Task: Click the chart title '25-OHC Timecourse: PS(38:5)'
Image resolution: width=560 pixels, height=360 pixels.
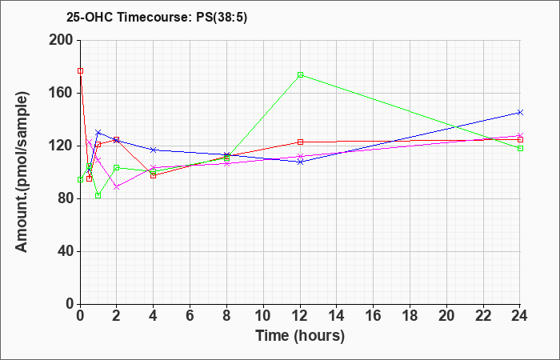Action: point(157,18)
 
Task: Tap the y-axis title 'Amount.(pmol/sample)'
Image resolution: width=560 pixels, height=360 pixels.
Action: point(22,172)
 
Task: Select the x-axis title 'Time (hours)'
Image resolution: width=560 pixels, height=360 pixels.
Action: point(300,336)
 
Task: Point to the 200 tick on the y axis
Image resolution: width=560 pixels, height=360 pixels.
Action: point(64,40)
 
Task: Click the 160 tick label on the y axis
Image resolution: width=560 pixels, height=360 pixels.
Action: point(64,94)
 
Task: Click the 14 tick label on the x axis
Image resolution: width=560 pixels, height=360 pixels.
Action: point(337,316)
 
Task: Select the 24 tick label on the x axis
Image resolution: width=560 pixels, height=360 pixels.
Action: point(520,316)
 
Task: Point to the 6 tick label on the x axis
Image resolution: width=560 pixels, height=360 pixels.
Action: point(190,316)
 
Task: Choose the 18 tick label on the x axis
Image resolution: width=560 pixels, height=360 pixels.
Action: point(410,316)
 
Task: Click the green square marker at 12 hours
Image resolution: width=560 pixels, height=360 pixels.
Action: point(300,75)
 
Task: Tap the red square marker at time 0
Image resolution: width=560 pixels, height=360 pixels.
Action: point(80,71)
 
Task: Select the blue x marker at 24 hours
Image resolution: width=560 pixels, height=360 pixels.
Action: point(520,113)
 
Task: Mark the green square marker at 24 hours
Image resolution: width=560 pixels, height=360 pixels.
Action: point(520,149)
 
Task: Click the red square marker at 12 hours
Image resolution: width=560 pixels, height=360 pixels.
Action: point(300,142)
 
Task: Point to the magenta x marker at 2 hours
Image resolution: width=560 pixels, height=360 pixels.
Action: point(117,186)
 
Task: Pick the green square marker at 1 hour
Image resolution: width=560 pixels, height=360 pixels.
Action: point(98,196)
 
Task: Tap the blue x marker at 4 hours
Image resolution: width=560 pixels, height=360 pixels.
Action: point(154,150)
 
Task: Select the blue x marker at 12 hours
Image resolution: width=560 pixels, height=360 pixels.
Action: point(300,162)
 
